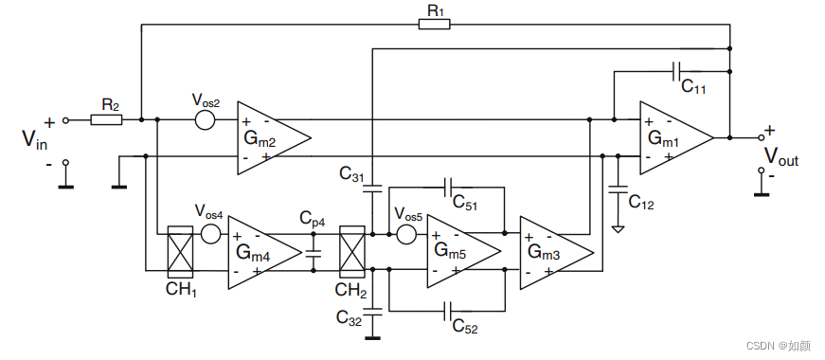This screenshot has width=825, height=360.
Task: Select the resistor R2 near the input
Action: [x=106, y=120]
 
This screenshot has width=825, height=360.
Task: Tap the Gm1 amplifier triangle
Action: [x=673, y=138]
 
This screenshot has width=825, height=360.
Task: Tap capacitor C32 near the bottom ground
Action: [x=372, y=309]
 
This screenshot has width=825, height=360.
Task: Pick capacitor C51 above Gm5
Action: [x=451, y=187]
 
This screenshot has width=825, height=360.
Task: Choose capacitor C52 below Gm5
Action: [x=451, y=309]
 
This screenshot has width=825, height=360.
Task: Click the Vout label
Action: [x=780, y=156]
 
